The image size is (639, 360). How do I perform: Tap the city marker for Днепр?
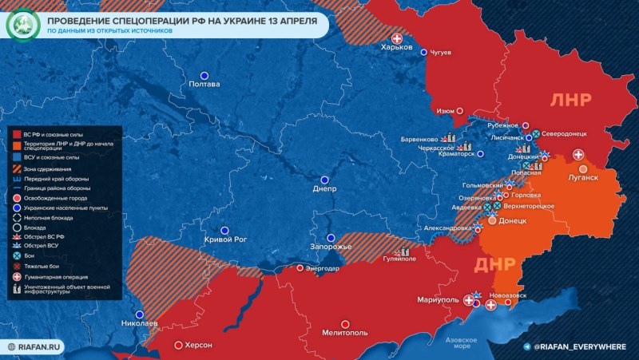[x=324, y=180]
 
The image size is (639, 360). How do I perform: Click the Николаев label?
[x=140, y=324]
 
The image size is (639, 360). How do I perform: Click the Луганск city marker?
[x=583, y=168]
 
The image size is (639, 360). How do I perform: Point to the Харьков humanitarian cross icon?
[x=396, y=39]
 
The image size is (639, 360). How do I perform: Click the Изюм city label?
[x=447, y=111]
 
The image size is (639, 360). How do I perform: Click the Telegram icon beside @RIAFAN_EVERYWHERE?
[x=526, y=346]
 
